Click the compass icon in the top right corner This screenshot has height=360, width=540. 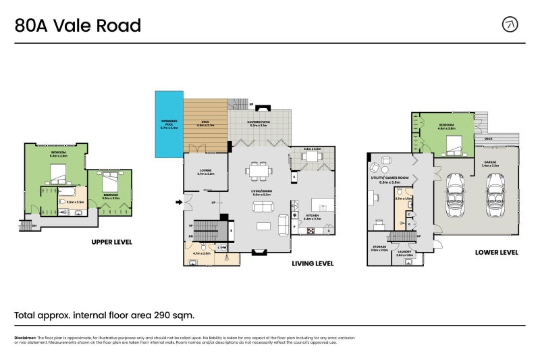(x=511, y=25)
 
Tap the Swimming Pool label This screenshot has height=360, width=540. (x=169, y=124)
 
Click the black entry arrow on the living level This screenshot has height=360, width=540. (x=179, y=201)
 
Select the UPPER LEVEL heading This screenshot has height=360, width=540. (x=111, y=241)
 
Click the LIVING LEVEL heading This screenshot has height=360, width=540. (x=313, y=263)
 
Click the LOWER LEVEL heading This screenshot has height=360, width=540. (x=496, y=253)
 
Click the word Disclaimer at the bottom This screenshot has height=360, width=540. (x=25, y=337)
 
